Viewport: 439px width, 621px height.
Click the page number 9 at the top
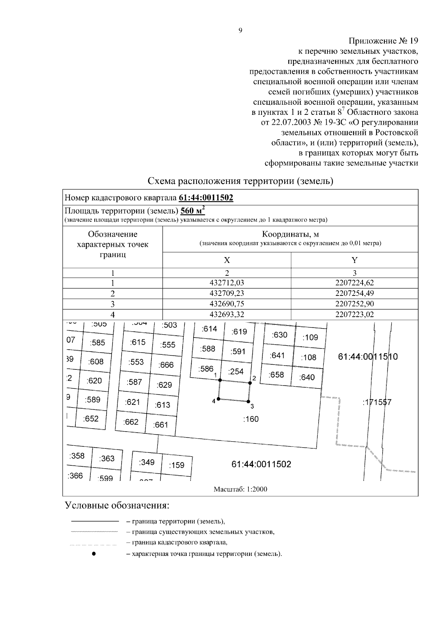240,31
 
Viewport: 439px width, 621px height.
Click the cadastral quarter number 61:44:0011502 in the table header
206,198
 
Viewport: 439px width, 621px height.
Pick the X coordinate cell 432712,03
227,283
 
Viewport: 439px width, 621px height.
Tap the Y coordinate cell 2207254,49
354,293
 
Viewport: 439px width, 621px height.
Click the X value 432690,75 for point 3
227,304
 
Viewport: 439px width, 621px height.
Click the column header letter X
227,260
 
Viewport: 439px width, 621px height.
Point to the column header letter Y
354,260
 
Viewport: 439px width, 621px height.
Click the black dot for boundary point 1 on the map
220,380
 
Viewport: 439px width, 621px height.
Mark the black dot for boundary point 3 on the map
248,401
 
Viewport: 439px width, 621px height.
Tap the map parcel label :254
236,372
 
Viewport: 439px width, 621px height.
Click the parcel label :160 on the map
251,419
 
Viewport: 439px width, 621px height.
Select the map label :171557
377,403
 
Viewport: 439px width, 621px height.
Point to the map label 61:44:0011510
368,357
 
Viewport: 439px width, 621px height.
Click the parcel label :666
166,365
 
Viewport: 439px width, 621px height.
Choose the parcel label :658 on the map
276,375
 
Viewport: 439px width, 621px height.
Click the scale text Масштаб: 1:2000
240,489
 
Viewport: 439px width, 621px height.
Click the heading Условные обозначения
117,506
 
